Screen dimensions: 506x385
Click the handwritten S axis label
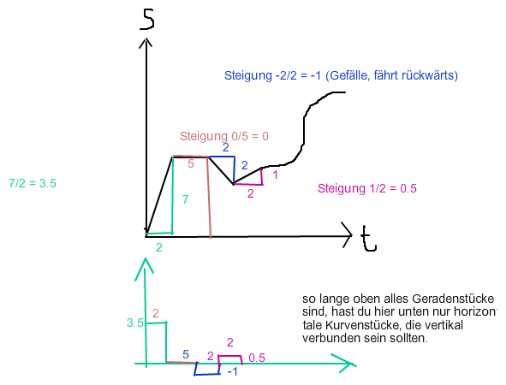pos(147,19)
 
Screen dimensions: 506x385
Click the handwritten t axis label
pos(368,239)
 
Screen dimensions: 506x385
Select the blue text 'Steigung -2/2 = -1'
pos(272,75)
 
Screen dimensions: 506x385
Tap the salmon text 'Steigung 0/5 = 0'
pos(224,136)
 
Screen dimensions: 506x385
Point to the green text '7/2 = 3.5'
pos(33,183)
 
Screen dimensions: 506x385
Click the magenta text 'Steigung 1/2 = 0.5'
pos(367,188)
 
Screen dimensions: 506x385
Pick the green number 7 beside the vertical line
pos(185,199)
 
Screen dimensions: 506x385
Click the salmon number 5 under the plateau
pos(191,163)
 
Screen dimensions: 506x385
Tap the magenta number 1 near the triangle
pos(275,175)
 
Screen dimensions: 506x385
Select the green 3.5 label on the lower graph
pos(135,323)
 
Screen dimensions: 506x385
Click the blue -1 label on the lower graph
pos(233,372)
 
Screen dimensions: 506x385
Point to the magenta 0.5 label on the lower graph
pos(257,358)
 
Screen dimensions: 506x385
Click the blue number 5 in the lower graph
pos(186,354)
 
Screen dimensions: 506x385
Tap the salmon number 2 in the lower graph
pos(156,313)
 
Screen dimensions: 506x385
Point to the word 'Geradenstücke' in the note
pos(453,299)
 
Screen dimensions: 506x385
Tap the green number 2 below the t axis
pos(158,247)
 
